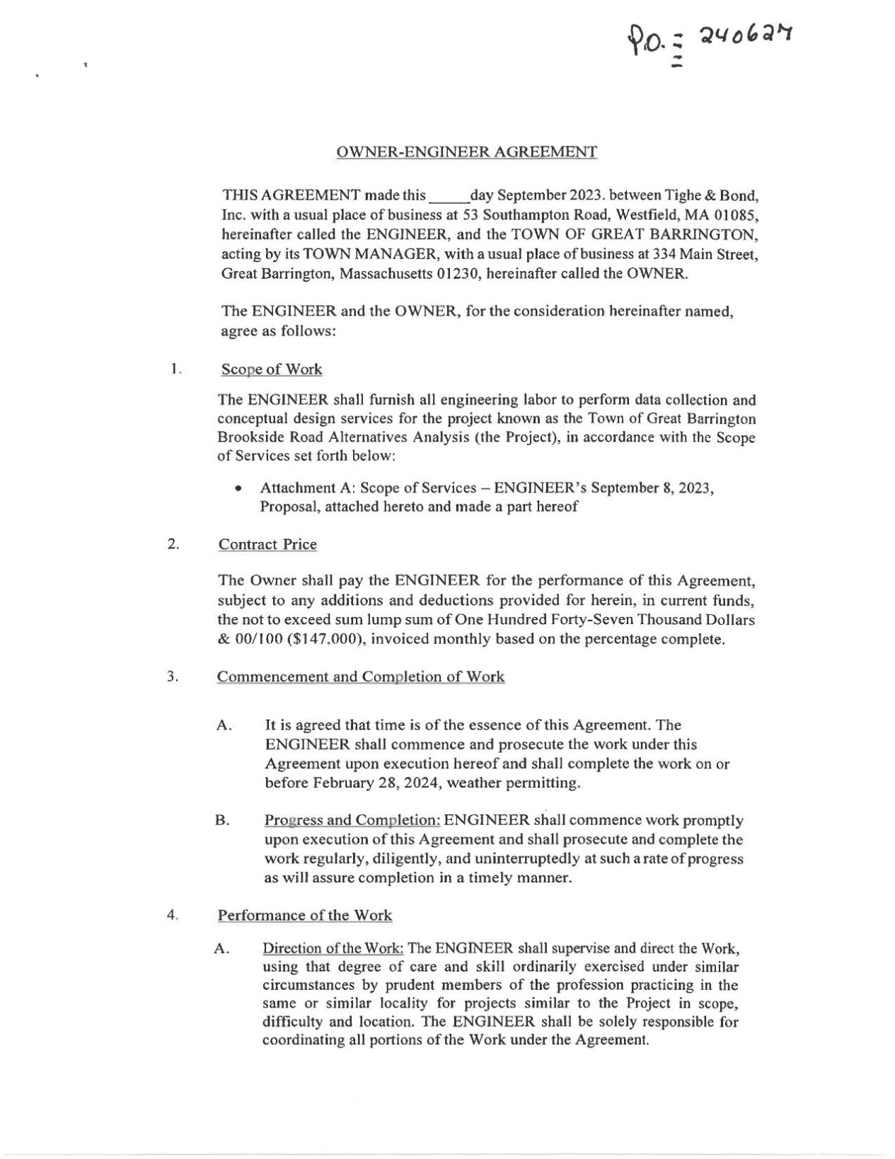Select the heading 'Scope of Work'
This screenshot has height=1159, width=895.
click(272, 369)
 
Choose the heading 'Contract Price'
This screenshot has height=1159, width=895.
click(267, 544)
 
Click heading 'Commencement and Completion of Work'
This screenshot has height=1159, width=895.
click(361, 676)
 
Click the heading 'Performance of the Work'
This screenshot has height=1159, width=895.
click(304, 915)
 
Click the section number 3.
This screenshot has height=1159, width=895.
click(172, 676)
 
